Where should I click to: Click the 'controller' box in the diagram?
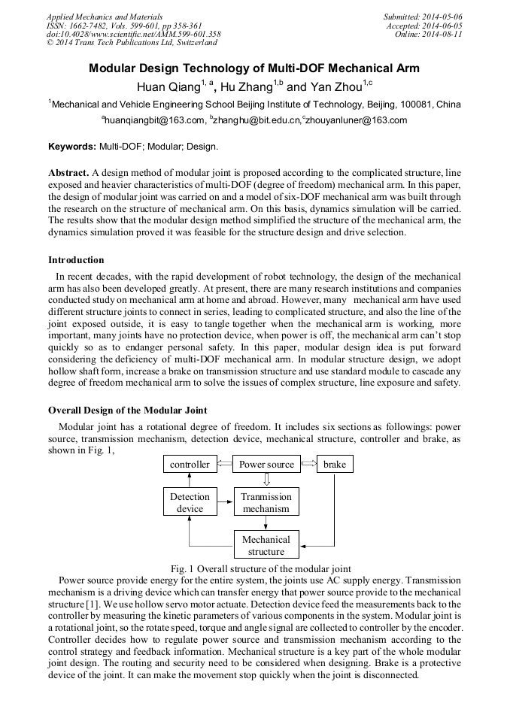click(190, 465)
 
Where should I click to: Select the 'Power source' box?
click(266, 465)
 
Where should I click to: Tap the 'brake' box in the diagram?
click(334, 465)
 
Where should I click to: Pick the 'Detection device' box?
click(190, 502)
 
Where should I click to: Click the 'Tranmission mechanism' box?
click(266, 502)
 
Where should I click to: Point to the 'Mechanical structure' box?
click(266, 545)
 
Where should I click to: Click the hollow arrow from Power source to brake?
click(308, 465)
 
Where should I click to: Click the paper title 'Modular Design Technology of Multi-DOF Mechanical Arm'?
click(254, 68)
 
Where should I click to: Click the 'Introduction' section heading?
click(75, 260)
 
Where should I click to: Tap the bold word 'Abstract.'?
click(69, 172)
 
